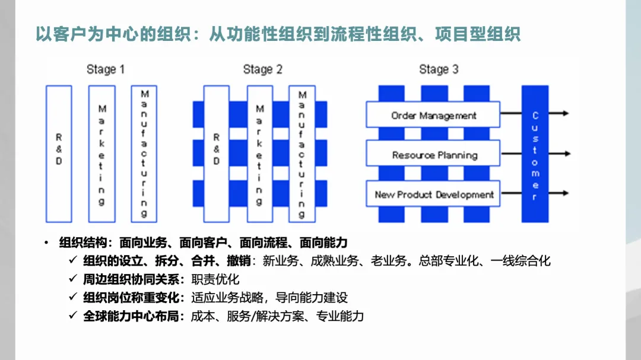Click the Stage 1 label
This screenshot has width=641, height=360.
coord(106,69)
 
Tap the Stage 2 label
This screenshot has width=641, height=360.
coord(262,69)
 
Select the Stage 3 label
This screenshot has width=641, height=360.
coord(439,69)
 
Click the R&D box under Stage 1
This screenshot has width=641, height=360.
coord(59,154)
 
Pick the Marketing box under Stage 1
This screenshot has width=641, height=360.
coord(101,154)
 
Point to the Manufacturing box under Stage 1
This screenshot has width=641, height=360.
coord(144,154)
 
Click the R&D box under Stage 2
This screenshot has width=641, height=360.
coord(216,154)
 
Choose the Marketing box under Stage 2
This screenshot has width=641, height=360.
coord(259,154)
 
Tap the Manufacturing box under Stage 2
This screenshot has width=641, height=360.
coord(302,154)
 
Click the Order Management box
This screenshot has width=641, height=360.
coord(433,116)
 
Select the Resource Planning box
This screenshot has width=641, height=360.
coord(433,155)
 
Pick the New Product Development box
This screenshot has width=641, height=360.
coord(433,195)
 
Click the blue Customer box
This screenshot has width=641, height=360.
coord(535,154)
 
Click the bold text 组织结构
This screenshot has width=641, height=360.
coord(82,242)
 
